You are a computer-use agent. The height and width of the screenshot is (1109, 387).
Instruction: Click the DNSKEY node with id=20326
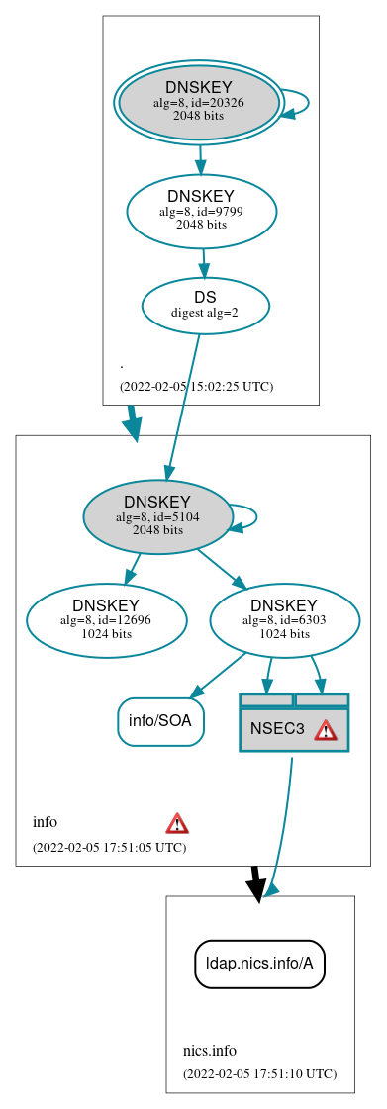198,102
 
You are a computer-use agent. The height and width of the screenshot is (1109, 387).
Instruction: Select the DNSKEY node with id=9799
201,211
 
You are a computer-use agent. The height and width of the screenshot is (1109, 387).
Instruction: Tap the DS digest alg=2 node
205,305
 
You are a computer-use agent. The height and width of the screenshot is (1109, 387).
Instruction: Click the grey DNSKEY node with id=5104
157,516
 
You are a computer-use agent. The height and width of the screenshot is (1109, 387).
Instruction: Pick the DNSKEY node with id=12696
106,620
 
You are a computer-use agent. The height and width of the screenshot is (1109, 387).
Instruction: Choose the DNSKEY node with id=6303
284,620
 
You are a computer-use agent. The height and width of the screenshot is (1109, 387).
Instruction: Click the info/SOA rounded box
160,721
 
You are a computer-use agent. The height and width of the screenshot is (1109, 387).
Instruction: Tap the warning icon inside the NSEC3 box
326,730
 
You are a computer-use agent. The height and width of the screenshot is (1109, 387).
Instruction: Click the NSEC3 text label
277,729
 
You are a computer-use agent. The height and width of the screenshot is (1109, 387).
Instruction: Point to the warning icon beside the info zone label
177,823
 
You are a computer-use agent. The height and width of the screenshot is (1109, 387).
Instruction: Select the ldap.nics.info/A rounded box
259,964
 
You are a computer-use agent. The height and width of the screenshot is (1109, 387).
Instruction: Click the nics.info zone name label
209,1051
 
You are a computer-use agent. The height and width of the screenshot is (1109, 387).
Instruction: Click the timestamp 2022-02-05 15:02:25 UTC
196,386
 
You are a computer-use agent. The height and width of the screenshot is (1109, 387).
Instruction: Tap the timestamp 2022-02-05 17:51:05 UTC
109,847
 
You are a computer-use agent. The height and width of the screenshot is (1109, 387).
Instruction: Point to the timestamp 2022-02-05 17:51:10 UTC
259,1073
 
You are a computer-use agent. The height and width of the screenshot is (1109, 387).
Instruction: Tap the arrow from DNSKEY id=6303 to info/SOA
217,672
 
